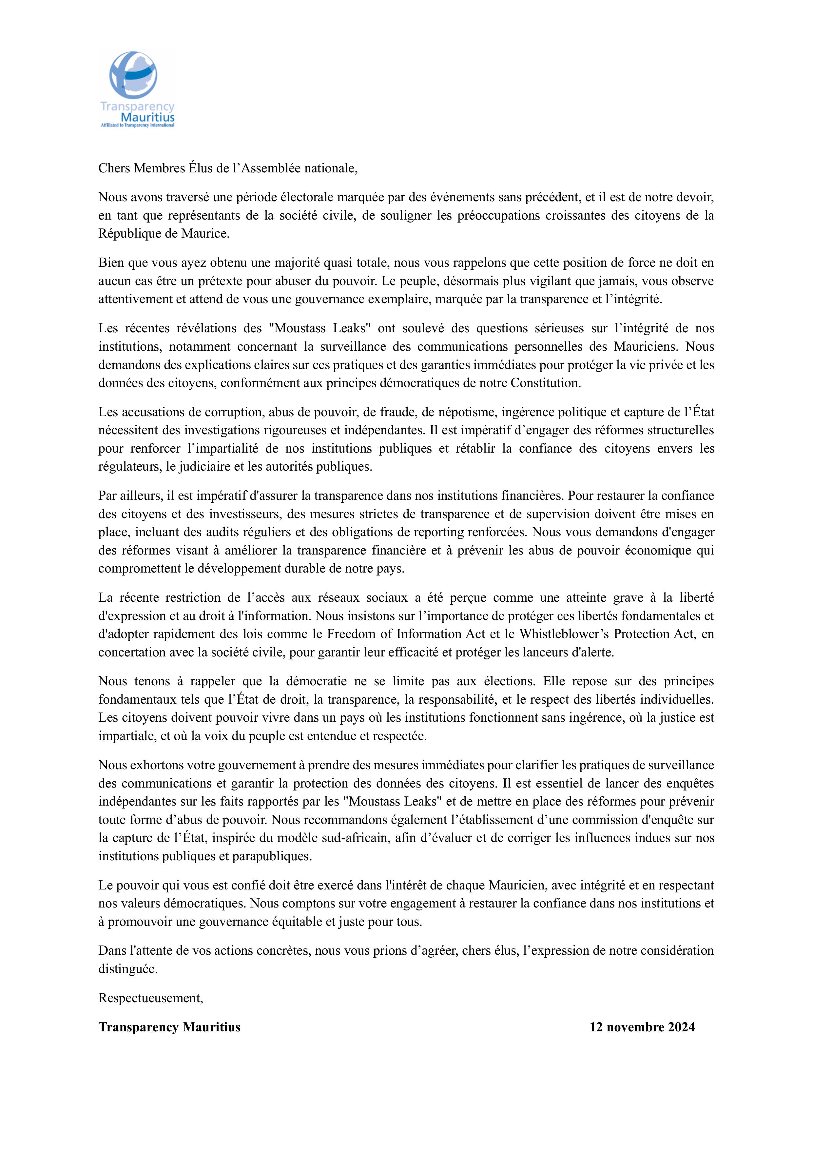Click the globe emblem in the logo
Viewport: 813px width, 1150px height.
(133, 75)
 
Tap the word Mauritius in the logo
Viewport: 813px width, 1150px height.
(148, 117)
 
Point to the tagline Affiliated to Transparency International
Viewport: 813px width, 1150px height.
(138, 125)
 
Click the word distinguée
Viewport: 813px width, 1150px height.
(128, 969)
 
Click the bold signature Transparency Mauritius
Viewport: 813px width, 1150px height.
(169, 1027)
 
